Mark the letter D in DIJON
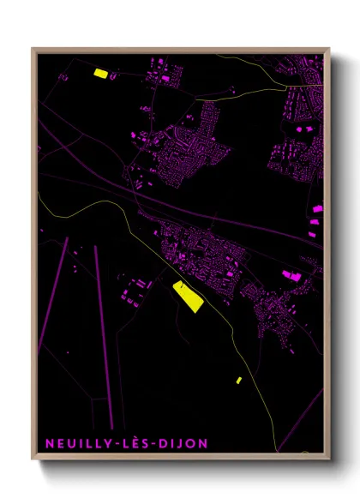click(167, 443)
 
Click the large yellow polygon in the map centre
click(186, 295)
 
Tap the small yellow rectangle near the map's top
click(99, 74)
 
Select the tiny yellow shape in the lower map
click(239, 380)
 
